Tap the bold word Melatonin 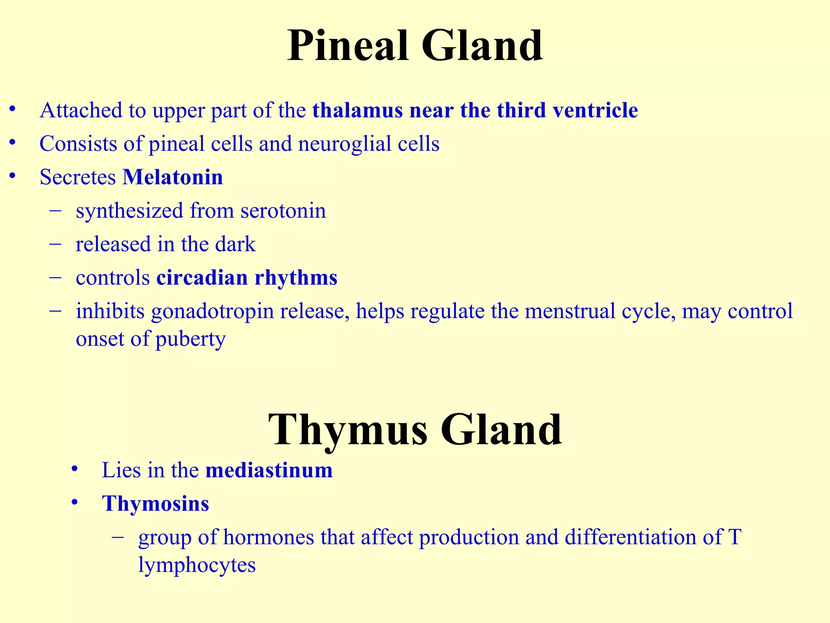click(173, 177)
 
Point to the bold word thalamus click(357, 110)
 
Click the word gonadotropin click(212, 311)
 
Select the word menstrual click(569, 311)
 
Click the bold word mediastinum click(269, 470)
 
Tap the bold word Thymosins click(155, 504)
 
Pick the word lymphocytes click(197, 565)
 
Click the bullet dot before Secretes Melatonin click(13, 176)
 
